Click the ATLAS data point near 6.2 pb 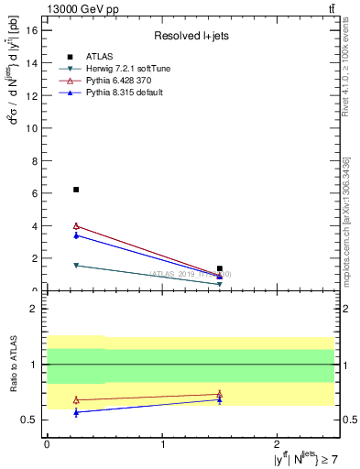pos(76,190)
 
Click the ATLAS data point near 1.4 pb pos(220,268)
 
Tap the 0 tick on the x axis pos(47,444)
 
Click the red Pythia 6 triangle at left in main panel pos(76,225)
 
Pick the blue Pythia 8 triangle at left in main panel pos(76,235)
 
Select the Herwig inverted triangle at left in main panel pos(76,266)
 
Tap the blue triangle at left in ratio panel pos(76,412)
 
